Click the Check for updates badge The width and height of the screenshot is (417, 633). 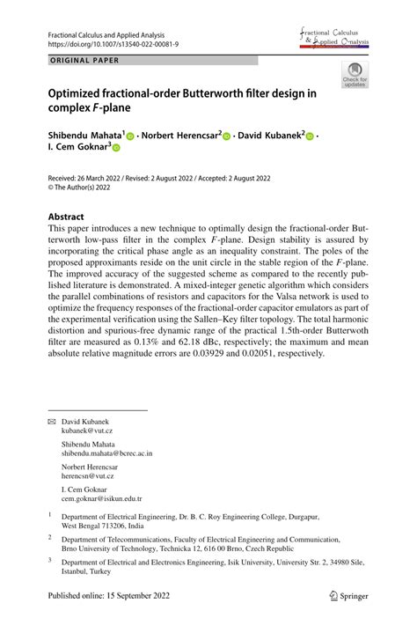tap(355, 76)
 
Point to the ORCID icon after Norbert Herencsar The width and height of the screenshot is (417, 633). tap(226, 136)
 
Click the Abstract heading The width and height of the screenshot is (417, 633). tap(67, 217)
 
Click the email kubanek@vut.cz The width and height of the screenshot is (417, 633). tap(86, 432)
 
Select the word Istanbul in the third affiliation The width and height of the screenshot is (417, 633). tap(76, 570)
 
